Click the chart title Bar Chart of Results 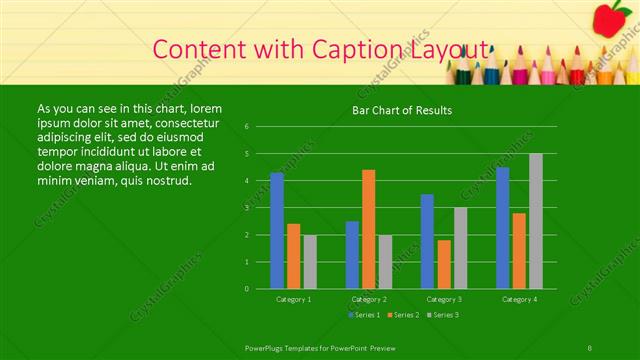tap(401, 110)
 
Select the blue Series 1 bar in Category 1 tap(277, 230)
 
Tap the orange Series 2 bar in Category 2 tap(369, 229)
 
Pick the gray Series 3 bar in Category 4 tap(536, 221)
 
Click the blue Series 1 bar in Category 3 tap(427, 241)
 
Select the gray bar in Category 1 tap(310, 262)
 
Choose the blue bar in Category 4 tap(503, 228)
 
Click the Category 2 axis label tap(369, 299)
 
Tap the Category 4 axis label tap(519, 299)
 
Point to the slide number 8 tap(591, 346)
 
